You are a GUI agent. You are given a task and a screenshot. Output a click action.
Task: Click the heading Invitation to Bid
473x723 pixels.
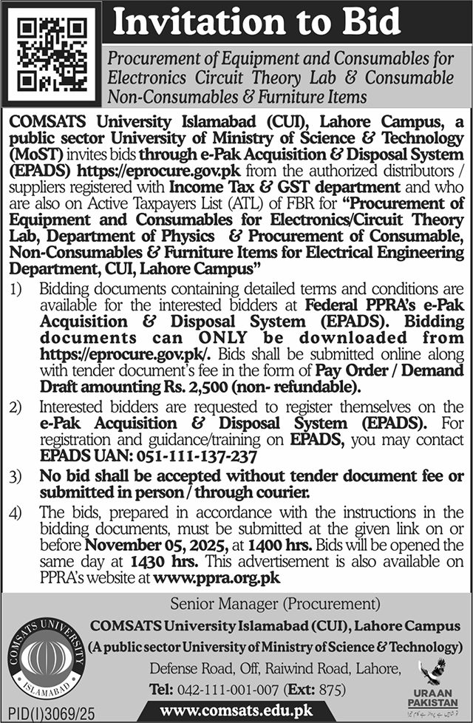click(256, 24)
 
